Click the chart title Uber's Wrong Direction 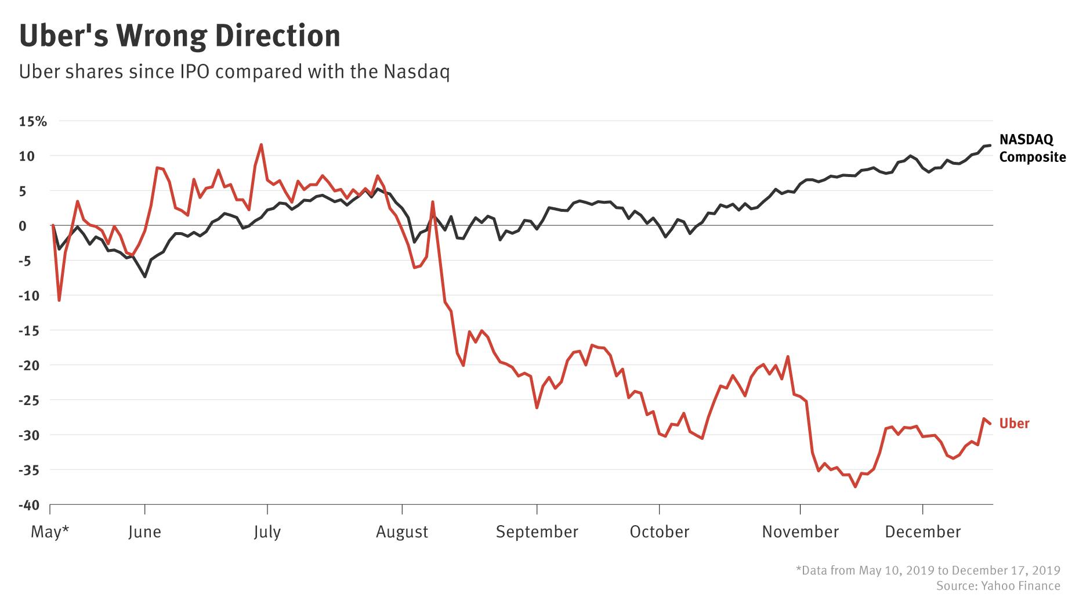click(x=180, y=36)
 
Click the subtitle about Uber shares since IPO click(x=234, y=72)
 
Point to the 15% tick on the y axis click(x=33, y=121)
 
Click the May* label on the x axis click(x=50, y=532)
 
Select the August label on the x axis click(x=402, y=532)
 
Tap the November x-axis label click(x=800, y=532)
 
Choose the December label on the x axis click(x=922, y=532)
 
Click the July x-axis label click(x=267, y=532)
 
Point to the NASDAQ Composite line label click(x=1032, y=148)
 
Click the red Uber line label click(x=1014, y=424)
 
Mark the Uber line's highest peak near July click(x=261, y=144)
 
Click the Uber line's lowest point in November click(x=855, y=487)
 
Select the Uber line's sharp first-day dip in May click(x=59, y=300)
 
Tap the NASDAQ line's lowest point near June click(x=144, y=277)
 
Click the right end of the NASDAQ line click(x=989, y=145)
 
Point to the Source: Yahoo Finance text click(x=998, y=586)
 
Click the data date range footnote click(x=928, y=570)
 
